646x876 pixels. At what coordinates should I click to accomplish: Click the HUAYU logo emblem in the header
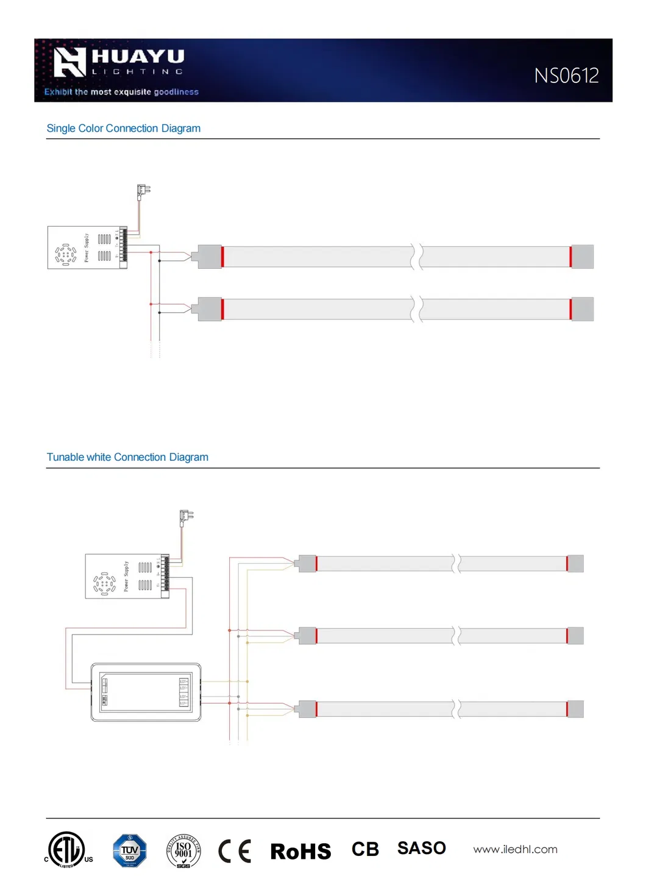click(69, 62)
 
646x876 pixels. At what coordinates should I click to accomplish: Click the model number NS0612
click(566, 76)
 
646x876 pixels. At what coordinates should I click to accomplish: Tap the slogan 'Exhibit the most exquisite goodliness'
click(121, 92)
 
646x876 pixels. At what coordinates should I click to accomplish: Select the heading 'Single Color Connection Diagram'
click(123, 129)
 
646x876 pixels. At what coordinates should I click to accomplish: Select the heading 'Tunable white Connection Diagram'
click(127, 457)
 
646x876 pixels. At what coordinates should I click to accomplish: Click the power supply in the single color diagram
click(87, 247)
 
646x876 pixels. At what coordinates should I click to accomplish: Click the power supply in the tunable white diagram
click(127, 576)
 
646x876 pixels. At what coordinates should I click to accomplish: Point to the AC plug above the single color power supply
click(143, 191)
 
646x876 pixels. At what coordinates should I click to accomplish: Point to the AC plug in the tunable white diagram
click(185, 518)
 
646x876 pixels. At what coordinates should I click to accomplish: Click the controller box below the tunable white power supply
click(146, 693)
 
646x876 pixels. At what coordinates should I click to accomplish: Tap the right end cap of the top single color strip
click(582, 257)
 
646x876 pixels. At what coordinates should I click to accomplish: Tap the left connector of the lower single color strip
click(209, 309)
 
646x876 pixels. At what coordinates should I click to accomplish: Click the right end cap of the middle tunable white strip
click(575, 636)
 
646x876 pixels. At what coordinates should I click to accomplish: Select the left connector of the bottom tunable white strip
click(307, 709)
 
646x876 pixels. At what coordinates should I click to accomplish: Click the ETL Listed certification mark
click(67, 850)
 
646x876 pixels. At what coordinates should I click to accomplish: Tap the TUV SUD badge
click(129, 850)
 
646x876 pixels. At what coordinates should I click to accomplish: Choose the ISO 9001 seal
click(183, 850)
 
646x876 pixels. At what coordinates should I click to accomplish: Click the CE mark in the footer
click(235, 851)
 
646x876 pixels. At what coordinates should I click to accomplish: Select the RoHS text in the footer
click(300, 851)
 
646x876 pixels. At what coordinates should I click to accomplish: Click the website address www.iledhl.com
click(515, 849)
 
